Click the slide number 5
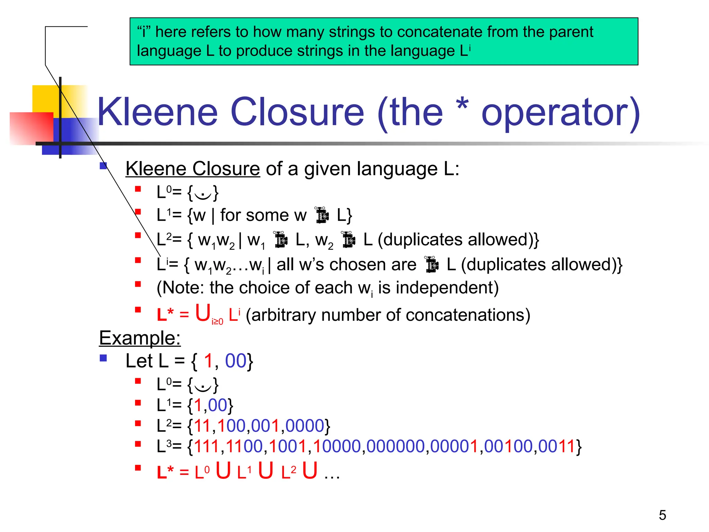click(662, 515)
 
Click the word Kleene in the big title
click(158, 112)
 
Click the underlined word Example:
click(140, 338)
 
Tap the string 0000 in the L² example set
click(305, 426)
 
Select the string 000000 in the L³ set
click(395, 446)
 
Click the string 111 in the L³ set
click(207, 446)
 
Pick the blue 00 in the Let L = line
click(235, 361)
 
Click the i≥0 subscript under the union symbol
click(217, 322)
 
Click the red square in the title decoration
click(31, 128)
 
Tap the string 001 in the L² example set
click(265, 426)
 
